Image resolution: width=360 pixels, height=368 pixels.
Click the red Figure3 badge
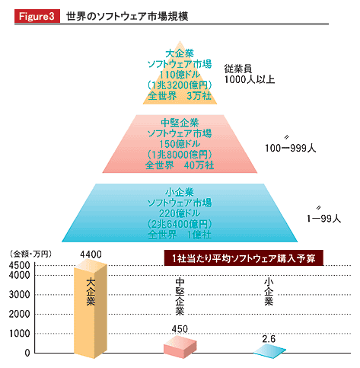[x=37, y=16]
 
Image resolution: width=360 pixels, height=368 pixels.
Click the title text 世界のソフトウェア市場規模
[x=127, y=17]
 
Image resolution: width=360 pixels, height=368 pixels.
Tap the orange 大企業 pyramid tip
[x=180, y=72]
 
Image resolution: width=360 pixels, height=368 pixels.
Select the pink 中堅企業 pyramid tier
[x=180, y=144]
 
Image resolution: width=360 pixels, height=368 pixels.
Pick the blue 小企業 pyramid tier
[x=180, y=213]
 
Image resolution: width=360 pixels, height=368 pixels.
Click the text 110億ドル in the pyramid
[x=180, y=75]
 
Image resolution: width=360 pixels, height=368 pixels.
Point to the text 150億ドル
[x=180, y=144]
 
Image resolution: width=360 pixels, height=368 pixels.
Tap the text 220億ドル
[x=180, y=213]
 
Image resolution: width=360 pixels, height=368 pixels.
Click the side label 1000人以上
[x=250, y=79]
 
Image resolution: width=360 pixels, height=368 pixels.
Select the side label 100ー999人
[x=291, y=148]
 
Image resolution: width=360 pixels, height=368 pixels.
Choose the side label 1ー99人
[x=323, y=219]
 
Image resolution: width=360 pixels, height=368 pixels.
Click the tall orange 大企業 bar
[x=91, y=309]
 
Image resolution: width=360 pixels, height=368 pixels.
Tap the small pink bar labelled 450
[x=180, y=347]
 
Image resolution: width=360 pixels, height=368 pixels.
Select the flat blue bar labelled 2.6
[x=270, y=352]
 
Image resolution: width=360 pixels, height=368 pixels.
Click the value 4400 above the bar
[x=91, y=254]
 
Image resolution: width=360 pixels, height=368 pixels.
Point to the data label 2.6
[x=269, y=339]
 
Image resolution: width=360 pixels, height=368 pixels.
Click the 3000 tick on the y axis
[x=19, y=295]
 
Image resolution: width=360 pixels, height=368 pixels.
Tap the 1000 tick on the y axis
[x=20, y=334]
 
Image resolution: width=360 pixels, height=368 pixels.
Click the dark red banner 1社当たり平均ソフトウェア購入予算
[x=244, y=258]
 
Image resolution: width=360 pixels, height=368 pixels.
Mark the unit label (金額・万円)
[x=30, y=254]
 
